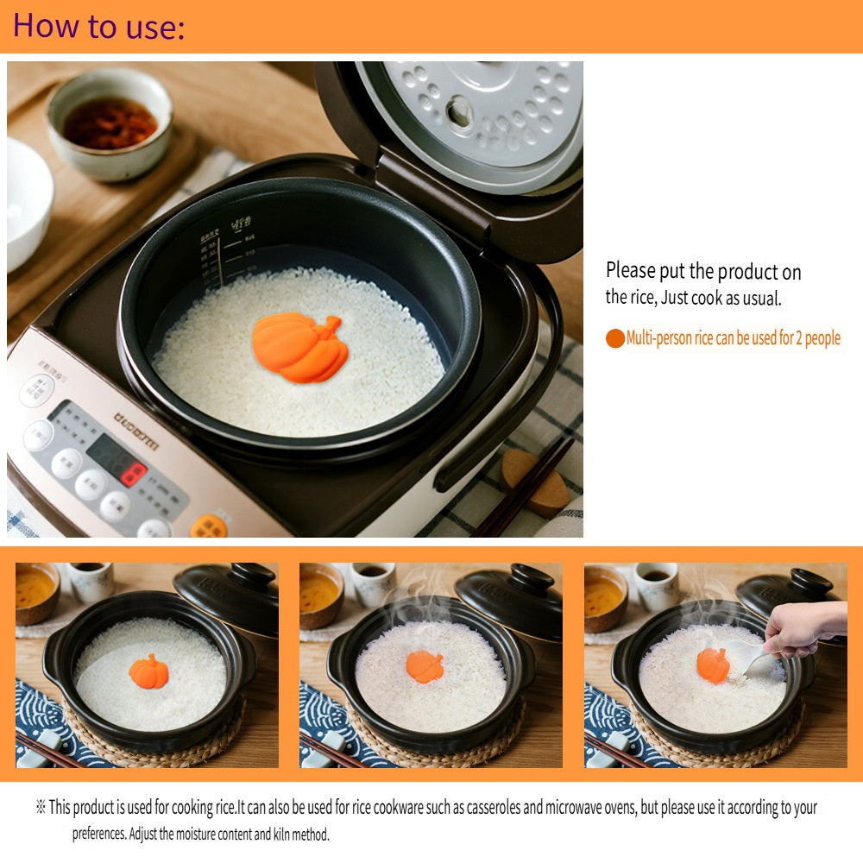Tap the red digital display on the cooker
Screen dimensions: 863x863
coord(131,473)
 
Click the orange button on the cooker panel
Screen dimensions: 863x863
coord(208,525)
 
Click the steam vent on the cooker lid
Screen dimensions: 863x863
coord(458,110)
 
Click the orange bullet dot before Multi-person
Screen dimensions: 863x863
coord(614,338)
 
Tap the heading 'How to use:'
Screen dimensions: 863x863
coord(98,26)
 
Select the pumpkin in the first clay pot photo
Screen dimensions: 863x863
coord(148,671)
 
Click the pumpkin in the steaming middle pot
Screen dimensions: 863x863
coord(425,666)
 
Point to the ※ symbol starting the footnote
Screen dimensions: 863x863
coord(40,808)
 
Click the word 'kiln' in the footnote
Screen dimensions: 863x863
coord(283,835)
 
